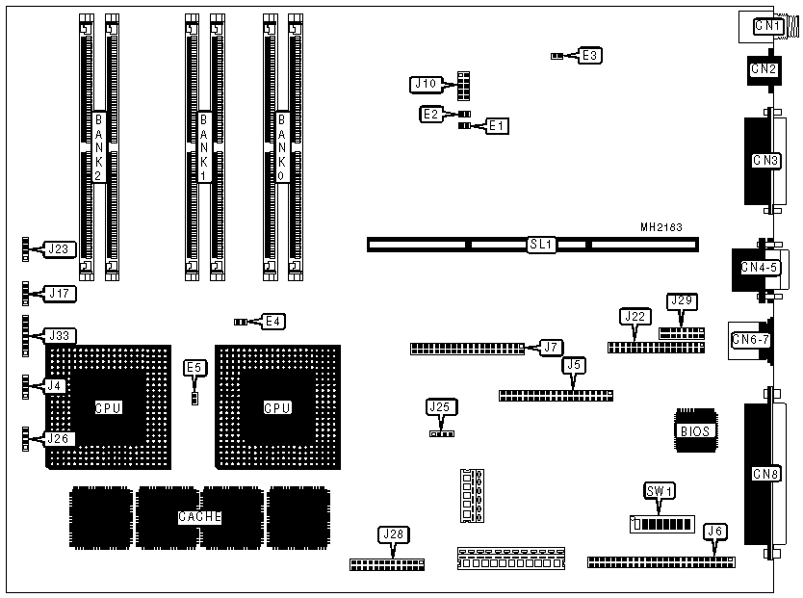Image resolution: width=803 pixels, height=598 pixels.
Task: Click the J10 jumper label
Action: (425, 85)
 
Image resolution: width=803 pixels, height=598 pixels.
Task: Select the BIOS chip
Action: (695, 431)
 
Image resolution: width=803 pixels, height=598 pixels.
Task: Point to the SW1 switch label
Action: (660, 491)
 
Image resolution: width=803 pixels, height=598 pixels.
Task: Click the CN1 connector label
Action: (767, 27)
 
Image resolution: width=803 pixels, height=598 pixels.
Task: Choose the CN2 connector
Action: (764, 68)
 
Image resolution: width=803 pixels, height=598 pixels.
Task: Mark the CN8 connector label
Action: (765, 474)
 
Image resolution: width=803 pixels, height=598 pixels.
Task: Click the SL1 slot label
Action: (541, 245)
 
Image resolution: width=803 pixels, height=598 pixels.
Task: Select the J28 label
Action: (393, 533)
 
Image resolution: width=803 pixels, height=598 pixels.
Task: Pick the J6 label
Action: (715, 531)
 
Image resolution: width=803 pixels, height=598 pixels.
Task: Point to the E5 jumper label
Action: (194, 367)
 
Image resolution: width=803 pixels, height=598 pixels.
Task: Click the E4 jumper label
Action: (273, 321)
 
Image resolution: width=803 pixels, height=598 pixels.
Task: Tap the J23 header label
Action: (58, 249)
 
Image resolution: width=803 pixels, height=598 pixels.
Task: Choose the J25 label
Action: (439, 407)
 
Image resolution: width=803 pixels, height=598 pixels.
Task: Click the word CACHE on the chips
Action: (200, 517)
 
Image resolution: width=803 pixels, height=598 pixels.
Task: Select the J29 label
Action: (681, 301)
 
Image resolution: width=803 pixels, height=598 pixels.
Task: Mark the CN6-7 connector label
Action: (748, 338)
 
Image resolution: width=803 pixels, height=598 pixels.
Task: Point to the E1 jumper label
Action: (497, 125)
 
